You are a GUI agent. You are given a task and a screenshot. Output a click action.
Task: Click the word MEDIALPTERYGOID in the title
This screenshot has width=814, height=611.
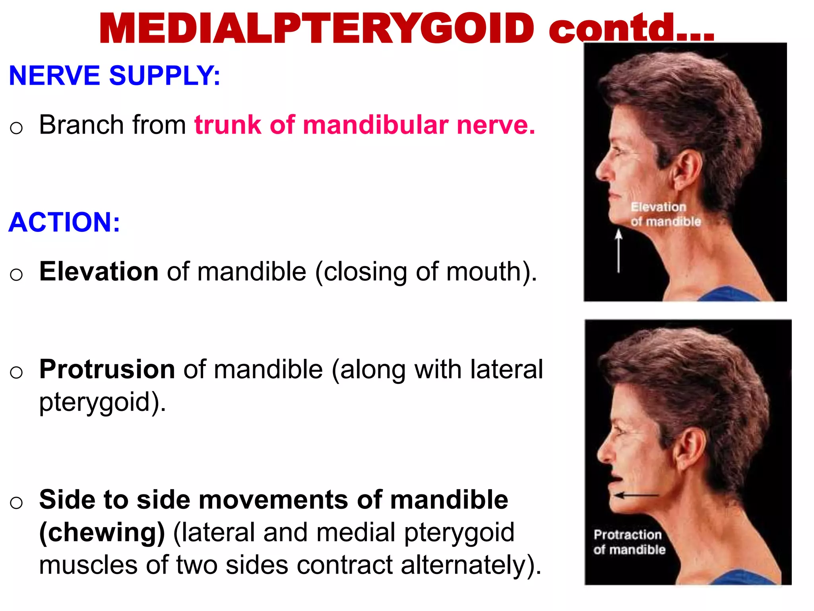317,29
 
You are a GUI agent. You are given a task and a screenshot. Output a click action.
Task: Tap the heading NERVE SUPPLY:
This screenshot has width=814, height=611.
114,76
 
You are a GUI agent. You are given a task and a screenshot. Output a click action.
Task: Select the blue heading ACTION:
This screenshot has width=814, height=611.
64,222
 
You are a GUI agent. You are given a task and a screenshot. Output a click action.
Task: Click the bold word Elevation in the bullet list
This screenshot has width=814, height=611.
99,272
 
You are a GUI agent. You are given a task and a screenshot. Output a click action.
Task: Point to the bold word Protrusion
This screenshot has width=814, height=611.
107,370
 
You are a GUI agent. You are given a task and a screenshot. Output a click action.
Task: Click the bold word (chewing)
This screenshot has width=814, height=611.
102,533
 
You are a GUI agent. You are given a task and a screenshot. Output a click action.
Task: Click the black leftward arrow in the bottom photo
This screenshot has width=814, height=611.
636,496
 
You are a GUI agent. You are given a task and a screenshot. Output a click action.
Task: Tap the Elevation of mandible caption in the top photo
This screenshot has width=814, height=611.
665,214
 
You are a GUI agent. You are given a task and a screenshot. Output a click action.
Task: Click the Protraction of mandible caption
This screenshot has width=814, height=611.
629,542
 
